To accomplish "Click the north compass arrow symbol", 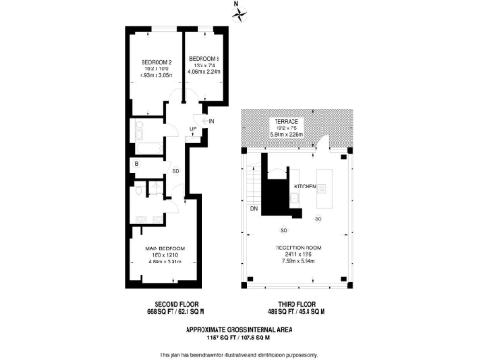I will click(x=238, y=12).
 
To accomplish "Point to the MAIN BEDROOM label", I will click(x=164, y=248).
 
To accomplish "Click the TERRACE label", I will click(x=287, y=123).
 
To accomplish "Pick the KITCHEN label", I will click(x=307, y=187).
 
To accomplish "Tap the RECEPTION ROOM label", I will click(x=298, y=248).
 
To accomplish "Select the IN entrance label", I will click(x=212, y=122).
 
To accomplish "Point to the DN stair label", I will click(x=253, y=209).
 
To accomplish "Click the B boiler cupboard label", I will click(x=137, y=165).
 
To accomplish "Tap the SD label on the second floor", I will click(x=176, y=171).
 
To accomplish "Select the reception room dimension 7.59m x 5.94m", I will click(x=298, y=262).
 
